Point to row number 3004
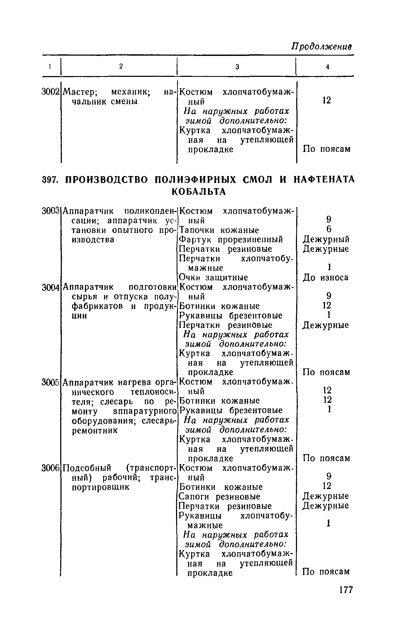point(50,288)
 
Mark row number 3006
point(50,468)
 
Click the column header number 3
point(237,67)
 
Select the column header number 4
point(327,67)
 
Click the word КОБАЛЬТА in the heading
point(199,192)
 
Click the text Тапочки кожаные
point(219,230)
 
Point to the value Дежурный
point(326,239)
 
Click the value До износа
point(326,278)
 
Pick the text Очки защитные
point(213,278)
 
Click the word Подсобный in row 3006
point(87,468)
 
